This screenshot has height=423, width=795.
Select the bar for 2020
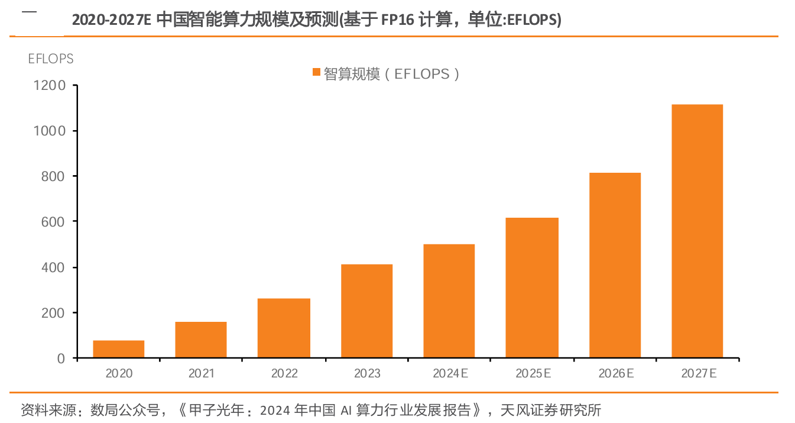pos(119,349)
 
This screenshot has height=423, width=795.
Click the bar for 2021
pos(201,340)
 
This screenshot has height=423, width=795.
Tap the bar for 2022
pos(284,328)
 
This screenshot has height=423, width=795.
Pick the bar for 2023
pos(366,311)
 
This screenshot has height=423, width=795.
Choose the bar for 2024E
pos(449,301)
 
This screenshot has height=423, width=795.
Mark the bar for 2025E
pos(532,288)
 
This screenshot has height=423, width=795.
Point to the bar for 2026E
pos(615,265)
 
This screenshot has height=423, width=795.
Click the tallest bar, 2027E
pos(697,231)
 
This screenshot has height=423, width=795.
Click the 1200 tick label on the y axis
pos(49,86)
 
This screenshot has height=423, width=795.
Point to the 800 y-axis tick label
pos(53,176)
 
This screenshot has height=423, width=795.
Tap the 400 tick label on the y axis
pos(53,267)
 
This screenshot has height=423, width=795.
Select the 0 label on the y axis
pos(61,359)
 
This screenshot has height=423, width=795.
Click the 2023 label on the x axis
pos(367,373)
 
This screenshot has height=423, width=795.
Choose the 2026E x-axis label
pos(616,373)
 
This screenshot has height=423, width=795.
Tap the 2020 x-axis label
pos(119,373)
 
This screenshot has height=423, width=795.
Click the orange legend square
pos(316,72)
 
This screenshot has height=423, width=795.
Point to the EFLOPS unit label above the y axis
pos(51,59)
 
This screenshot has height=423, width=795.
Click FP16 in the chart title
pos(397,20)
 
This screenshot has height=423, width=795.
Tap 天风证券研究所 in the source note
pos(551,410)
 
